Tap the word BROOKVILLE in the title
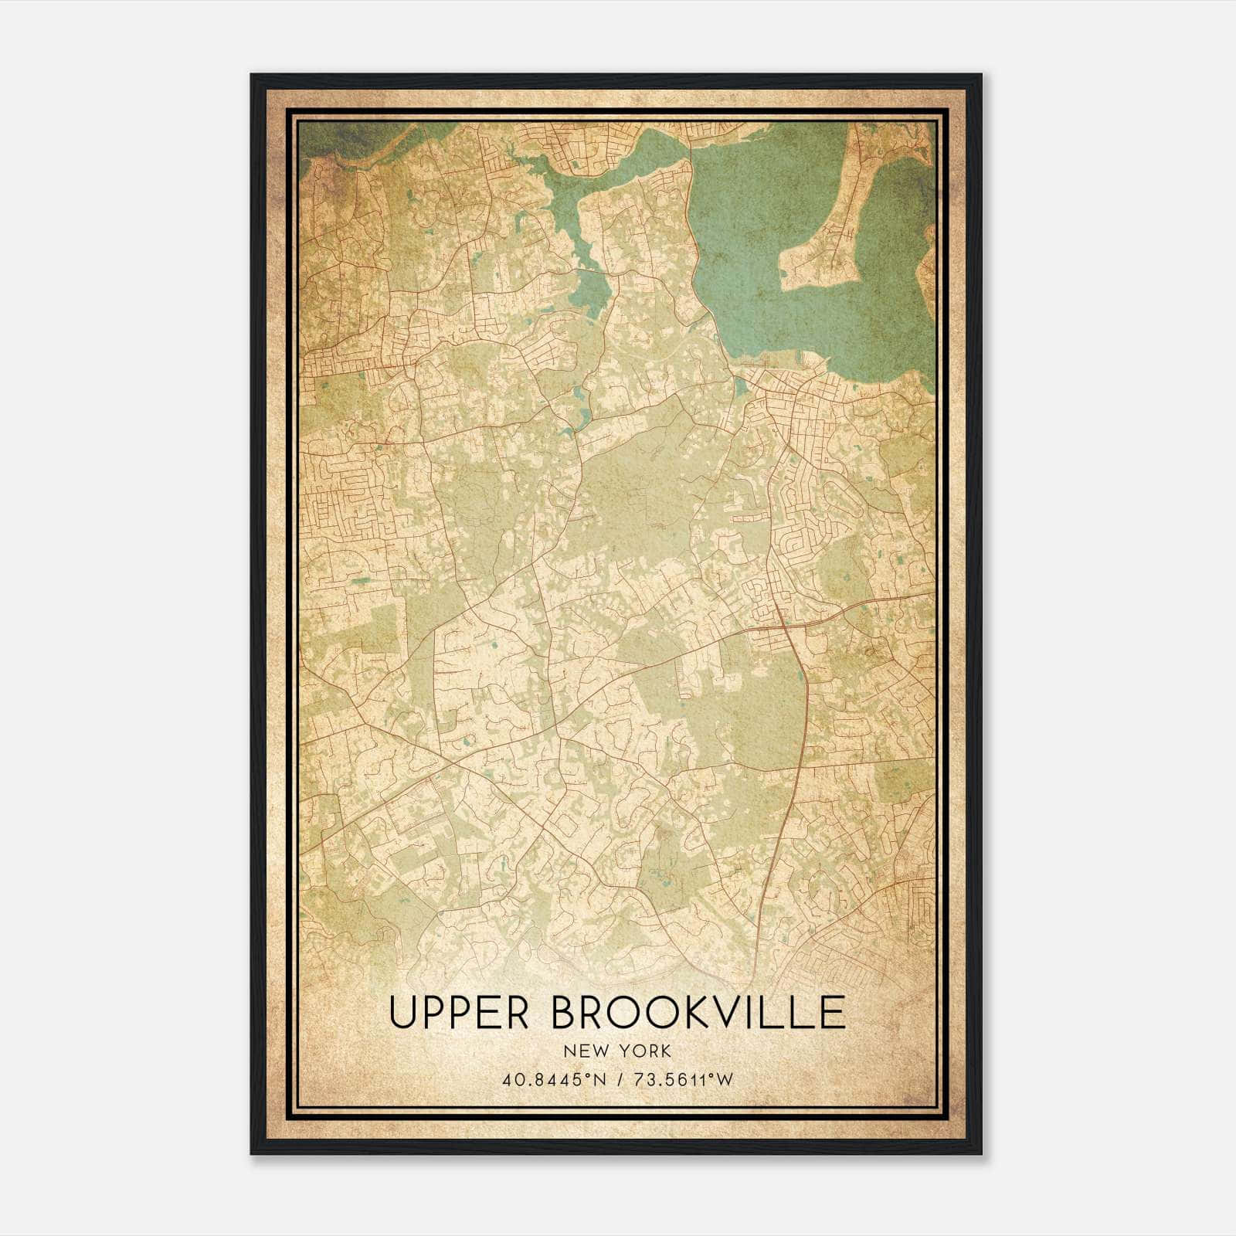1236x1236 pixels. coord(698,1013)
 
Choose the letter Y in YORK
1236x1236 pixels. coord(620,1051)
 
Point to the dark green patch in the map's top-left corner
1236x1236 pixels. coord(340,139)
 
